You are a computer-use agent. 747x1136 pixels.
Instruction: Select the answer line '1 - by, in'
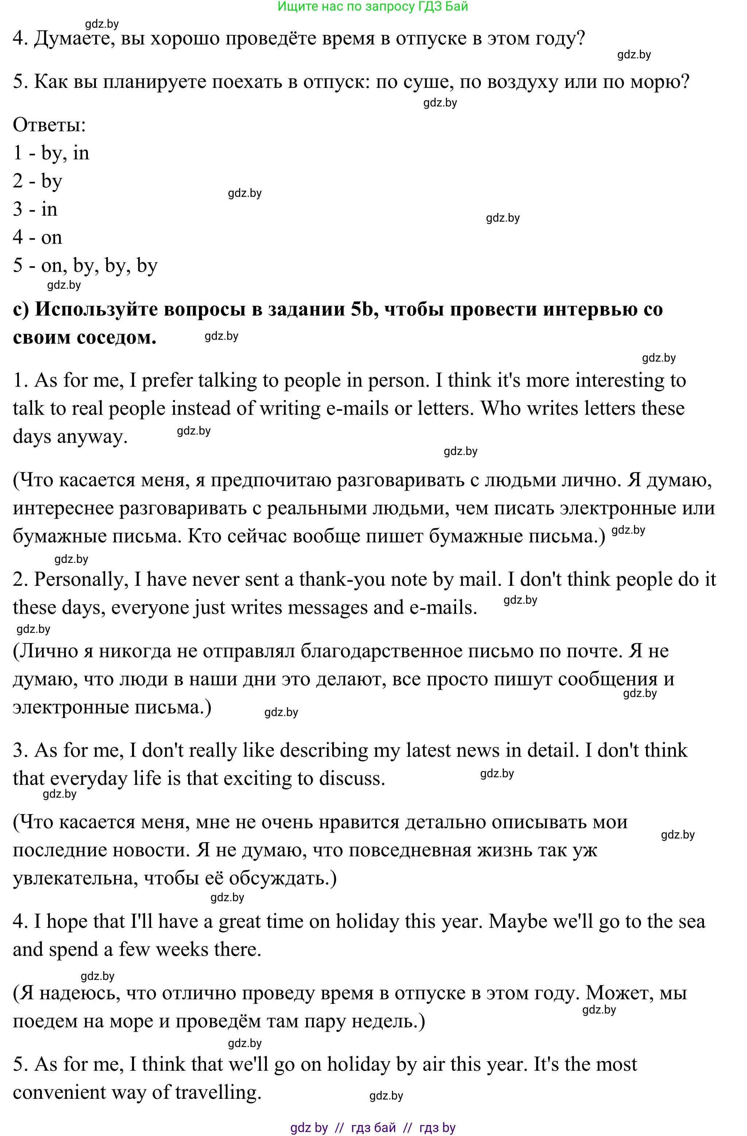click(51, 153)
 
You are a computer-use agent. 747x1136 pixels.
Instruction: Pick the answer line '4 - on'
click(37, 237)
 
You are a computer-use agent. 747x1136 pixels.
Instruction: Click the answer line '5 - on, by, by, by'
click(85, 265)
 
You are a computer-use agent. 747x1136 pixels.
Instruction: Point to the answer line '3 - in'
click(35, 209)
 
